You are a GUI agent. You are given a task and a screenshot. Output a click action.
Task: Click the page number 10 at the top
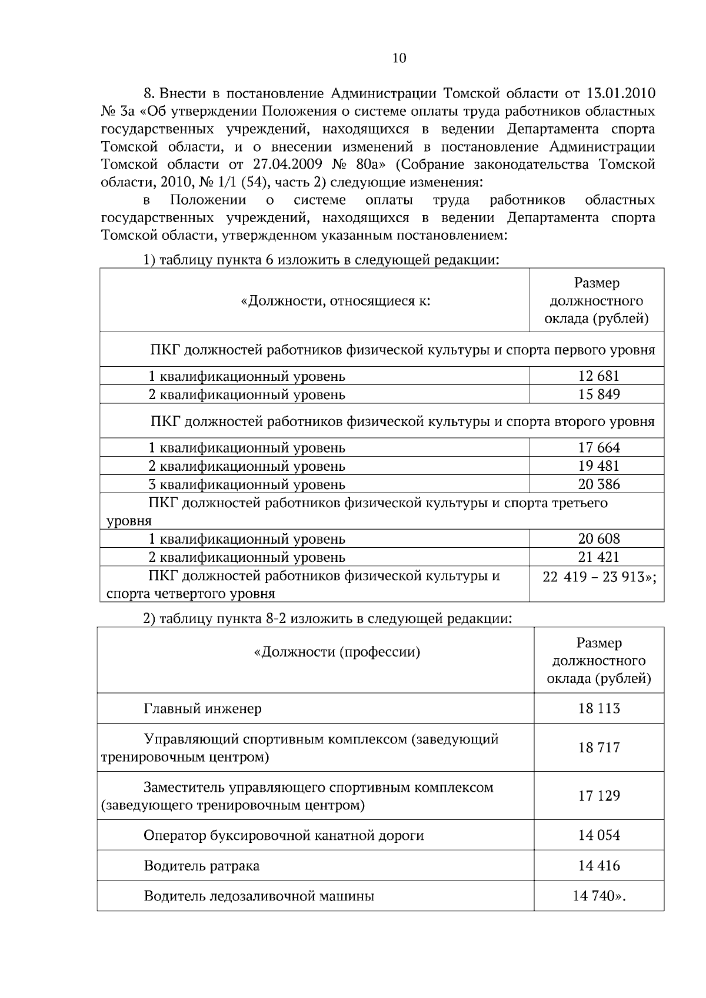click(x=399, y=58)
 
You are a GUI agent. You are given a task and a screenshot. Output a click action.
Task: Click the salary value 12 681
click(x=599, y=376)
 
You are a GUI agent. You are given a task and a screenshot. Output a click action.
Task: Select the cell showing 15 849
click(x=599, y=394)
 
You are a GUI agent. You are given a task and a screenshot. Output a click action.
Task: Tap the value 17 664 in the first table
click(x=599, y=448)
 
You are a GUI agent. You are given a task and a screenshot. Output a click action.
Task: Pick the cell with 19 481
click(x=599, y=466)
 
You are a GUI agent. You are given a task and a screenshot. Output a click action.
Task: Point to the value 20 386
click(x=599, y=484)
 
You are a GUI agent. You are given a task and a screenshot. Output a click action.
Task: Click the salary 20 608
click(x=599, y=539)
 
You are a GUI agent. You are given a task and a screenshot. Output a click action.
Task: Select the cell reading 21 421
click(x=599, y=557)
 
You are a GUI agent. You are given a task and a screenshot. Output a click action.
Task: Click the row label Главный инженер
click(x=203, y=709)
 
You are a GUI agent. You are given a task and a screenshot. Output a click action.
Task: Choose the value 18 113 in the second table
click(x=599, y=709)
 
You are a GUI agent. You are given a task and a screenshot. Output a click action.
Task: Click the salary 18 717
click(x=599, y=748)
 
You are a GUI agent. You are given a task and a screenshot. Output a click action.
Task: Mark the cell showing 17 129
click(x=599, y=796)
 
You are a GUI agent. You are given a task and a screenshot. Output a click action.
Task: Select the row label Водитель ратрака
click(x=201, y=866)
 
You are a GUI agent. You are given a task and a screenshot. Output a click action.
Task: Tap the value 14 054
click(x=599, y=836)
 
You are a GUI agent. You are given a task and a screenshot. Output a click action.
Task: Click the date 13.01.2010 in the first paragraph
click(x=621, y=93)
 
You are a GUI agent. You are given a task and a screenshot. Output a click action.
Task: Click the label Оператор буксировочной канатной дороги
click(x=284, y=836)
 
